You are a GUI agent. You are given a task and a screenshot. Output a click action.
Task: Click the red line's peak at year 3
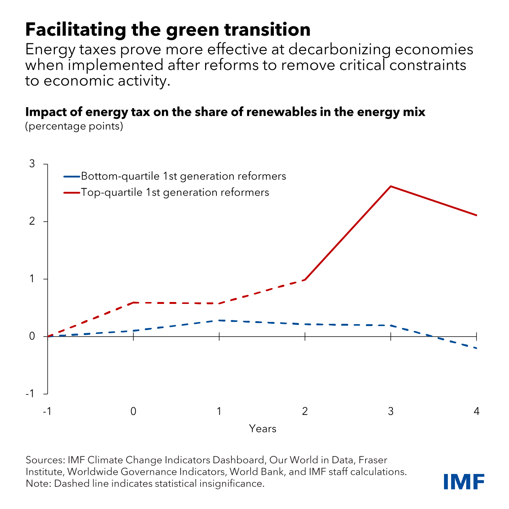point(391,186)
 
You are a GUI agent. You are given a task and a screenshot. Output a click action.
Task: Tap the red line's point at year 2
point(305,280)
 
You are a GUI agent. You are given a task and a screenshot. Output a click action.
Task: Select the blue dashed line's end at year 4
point(476,348)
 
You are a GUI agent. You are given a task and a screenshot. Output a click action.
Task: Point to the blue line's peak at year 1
point(219,320)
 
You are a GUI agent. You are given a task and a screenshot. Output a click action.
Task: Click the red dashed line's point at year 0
point(133,302)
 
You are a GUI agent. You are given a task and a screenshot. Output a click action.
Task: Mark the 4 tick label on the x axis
point(476,411)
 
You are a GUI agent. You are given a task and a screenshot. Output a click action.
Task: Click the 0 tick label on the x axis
point(133,411)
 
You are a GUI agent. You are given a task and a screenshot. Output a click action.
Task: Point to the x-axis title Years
point(263,429)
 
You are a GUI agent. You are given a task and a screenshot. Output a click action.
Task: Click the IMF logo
point(464,482)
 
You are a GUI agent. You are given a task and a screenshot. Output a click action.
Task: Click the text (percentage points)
point(74,126)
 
